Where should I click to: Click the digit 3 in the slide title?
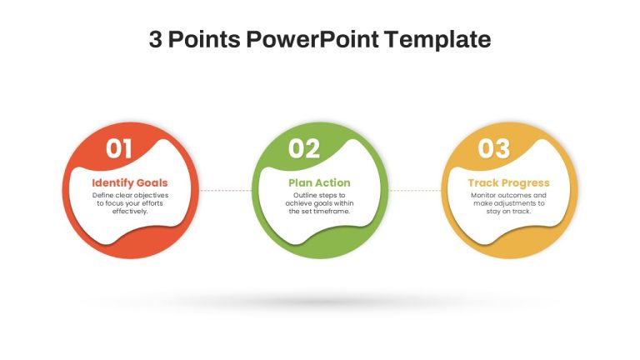pos(155,39)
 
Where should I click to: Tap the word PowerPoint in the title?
pos(312,39)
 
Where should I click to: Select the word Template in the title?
pos(437,40)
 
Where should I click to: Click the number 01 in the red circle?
pos(119,148)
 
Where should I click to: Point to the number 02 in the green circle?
pos(304,148)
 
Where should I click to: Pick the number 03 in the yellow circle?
pos(494,148)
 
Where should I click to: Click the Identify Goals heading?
pos(130,182)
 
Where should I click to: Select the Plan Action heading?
pos(319,182)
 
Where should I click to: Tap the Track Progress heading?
pos(508,182)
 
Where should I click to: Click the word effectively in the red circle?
pos(130,212)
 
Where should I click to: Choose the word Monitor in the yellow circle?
pos(483,196)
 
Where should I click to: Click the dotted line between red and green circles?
pos(226,191)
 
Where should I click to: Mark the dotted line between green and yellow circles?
pos(415,191)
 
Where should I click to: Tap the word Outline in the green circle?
pos(304,196)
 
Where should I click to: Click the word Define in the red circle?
pos(102,196)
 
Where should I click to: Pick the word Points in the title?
pos(204,39)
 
